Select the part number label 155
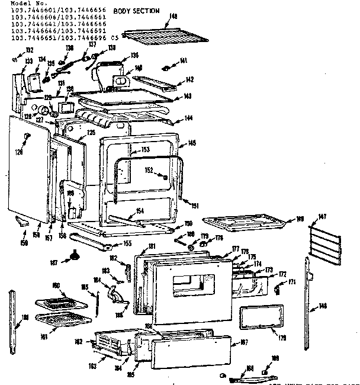pos(128,243)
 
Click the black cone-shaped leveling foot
pos(75,255)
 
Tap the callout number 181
pos(152,246)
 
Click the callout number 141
pos(184,60)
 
